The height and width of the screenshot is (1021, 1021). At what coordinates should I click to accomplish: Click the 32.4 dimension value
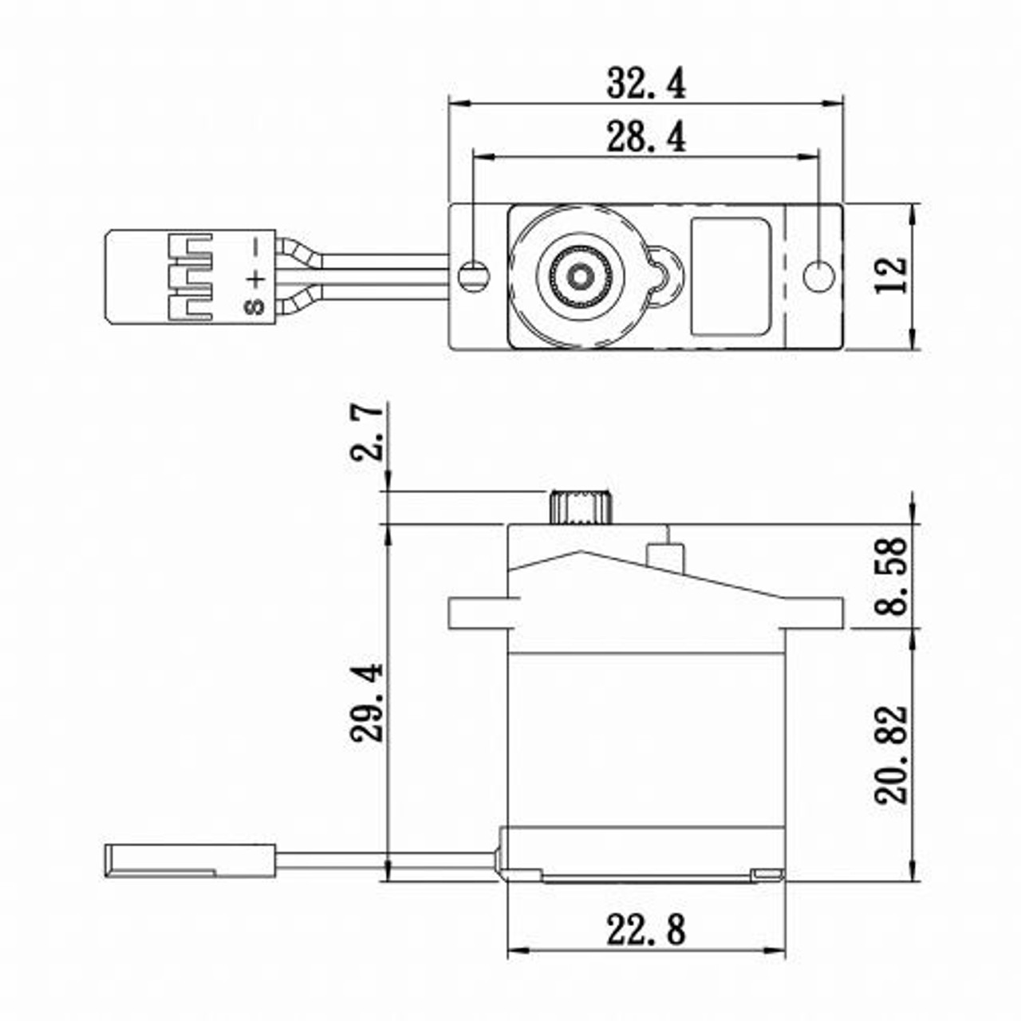click(x=646, y=83)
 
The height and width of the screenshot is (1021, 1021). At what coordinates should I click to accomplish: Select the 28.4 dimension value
click(x=646, y=137)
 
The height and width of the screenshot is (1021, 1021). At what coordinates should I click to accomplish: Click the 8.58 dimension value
click(x=891, y=576)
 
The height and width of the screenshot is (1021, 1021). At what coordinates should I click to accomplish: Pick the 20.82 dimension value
click(x=891, y=754)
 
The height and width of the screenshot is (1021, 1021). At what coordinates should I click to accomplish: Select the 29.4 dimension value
click(x=368, y=702)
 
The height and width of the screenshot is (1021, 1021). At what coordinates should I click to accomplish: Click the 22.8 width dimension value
click(x=646, y=930)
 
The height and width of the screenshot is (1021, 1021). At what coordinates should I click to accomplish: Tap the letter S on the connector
click(x=255, y=306)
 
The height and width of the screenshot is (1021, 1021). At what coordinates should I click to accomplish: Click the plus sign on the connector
click(x=255, y=278)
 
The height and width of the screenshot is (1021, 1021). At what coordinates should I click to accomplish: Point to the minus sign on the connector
click(x=255, y=247)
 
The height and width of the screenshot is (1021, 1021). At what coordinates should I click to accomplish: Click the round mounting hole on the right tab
click(x=818, y=277)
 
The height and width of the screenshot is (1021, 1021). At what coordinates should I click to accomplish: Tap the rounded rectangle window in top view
click(x=729, y=276)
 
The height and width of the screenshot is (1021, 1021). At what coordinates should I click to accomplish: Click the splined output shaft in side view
click(x=580, y=508)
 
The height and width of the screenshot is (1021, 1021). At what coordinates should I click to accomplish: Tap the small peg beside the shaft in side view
click(x=665, y=555)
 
